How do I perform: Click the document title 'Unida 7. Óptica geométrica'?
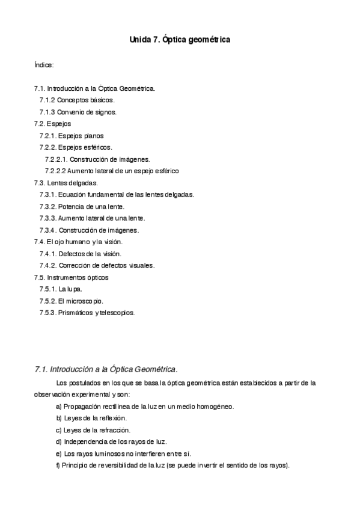[180, 40]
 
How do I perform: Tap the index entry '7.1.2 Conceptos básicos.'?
[77, 100]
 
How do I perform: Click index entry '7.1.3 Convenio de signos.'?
[78, 112]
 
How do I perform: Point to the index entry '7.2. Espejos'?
[53, 124]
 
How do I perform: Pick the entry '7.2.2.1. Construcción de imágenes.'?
[97, 159]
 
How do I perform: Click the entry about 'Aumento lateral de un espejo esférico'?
[112, 171]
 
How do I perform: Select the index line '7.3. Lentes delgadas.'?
[66, 183]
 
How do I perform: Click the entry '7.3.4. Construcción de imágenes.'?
[89, 230]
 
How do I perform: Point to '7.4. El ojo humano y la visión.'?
[78, 242]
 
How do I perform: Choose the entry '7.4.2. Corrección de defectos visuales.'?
[97, 265]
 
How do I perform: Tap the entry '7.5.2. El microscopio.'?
[72, 301]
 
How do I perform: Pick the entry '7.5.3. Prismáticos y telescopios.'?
[87, 313]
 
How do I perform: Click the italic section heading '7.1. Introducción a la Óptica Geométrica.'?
[106, 368]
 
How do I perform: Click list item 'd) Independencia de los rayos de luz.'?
[107, 441]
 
